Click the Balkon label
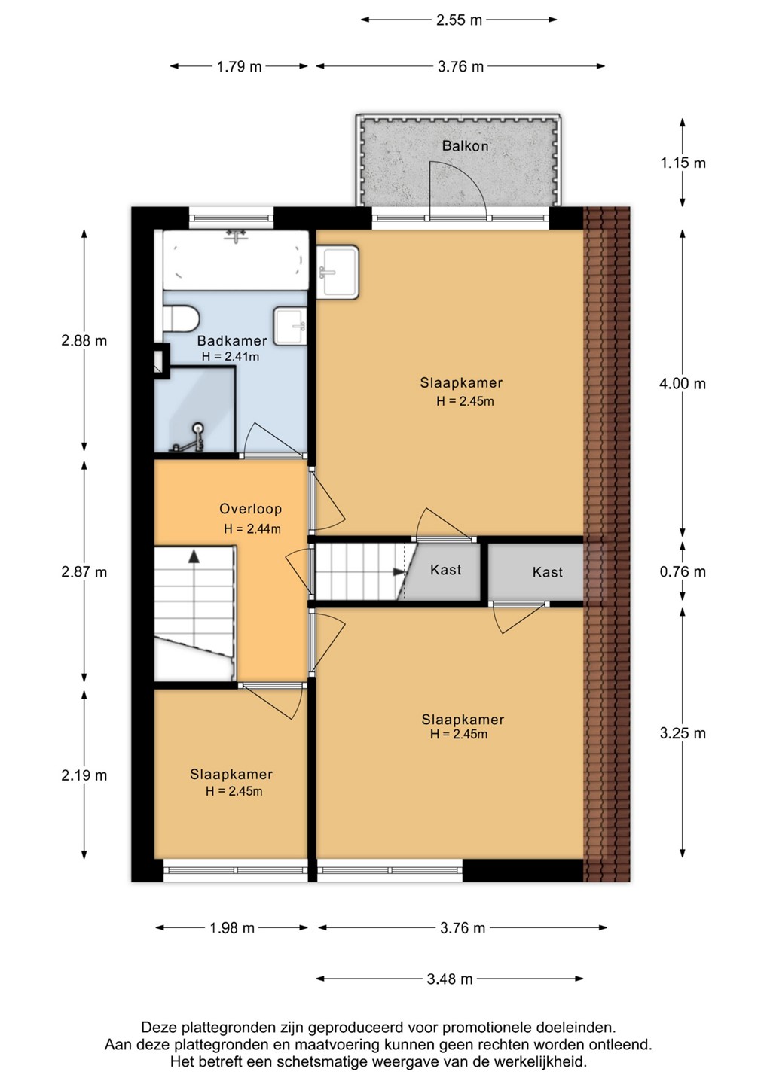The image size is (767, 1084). coord(465,146)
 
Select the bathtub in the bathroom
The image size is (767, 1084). coord(235,260)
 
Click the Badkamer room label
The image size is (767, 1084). coord(232,341)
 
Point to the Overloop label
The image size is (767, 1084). coord(250,509)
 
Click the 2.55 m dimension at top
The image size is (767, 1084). coord(459,20)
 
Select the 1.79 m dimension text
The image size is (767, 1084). coord(239,66)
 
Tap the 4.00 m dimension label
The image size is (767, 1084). coord(683,384)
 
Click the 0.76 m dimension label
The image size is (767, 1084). coord(683,571)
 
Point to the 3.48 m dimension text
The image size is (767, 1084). coord(449,979)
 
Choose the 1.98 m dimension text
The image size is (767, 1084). coord(232,927)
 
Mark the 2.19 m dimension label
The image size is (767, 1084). coord(84,775)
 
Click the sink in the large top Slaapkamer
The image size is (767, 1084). coord(338,272)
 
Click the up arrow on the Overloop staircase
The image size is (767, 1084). coord(194,556)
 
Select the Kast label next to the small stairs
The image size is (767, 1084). coord(445,570)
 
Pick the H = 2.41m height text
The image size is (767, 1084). coord(231,357)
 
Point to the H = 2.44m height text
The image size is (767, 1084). coord(252,529)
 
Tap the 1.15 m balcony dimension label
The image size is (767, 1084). coord(683,163)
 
